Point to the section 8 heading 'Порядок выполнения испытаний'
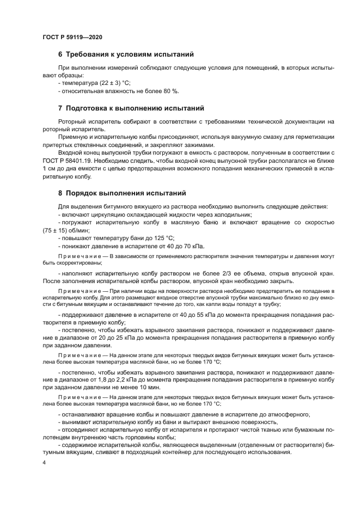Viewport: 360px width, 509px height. tap(126, 193)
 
